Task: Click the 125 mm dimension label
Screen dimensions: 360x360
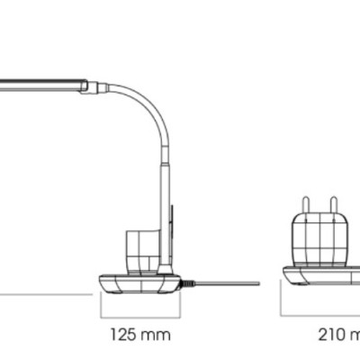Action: pyautogui.click(x=139, y=336)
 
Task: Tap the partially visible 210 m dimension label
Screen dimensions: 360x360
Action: pyautogui.click(x=338, y=336)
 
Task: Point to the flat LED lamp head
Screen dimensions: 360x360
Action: pyautogui.click(x=40, y=85)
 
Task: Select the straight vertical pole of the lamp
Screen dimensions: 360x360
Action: pyautogui.click(x=165, y=207)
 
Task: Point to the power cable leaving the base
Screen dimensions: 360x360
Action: pyautogui.click(x=225, y=283)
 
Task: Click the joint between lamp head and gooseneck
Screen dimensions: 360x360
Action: pyautogui.click(x=88, y=86)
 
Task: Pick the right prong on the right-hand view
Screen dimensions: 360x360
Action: pyautogui.click(x=334, y=205)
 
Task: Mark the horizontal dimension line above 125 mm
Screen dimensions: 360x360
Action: pyautogui.click(x=139, y=316)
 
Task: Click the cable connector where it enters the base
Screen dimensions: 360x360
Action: pyautogui.click(x=188, y=283)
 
